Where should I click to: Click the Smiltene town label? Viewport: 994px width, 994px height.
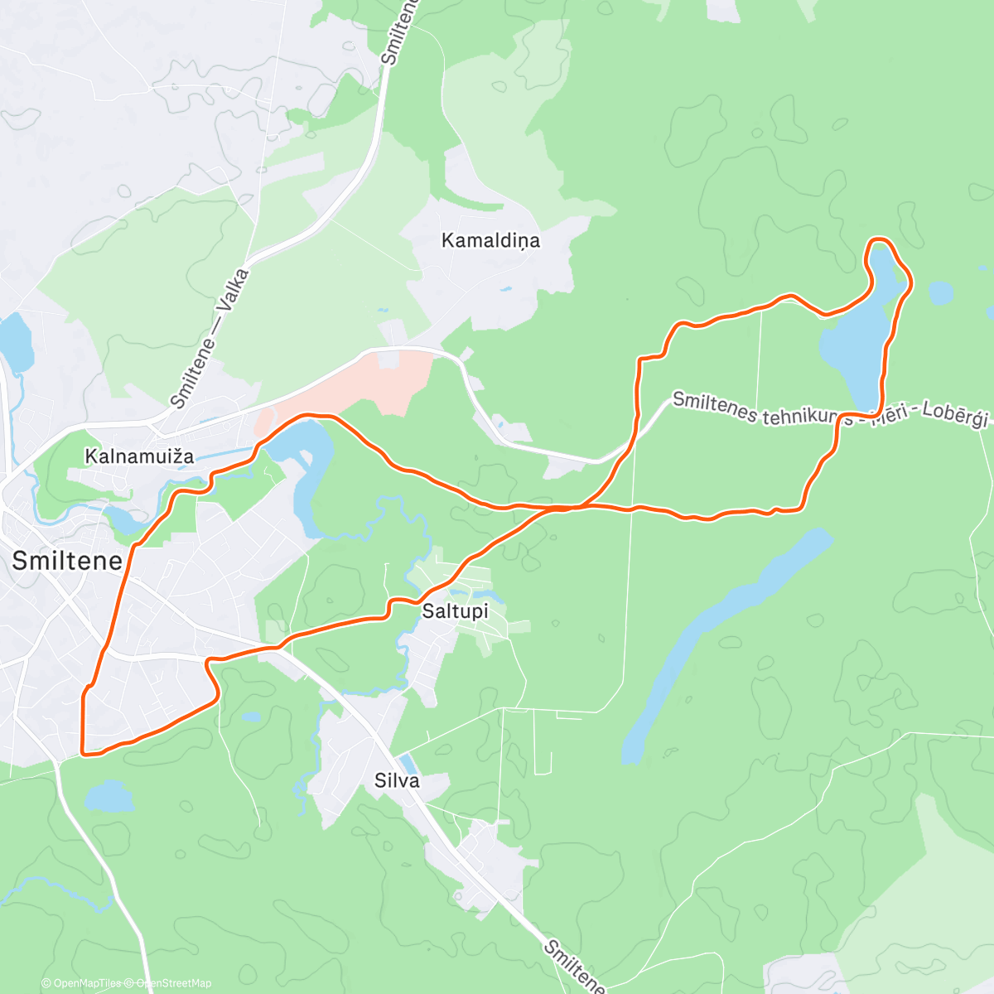point(67,561)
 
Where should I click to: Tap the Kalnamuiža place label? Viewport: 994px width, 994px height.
point(140,456)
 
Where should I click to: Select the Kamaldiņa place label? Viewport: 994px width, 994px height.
point(490,241)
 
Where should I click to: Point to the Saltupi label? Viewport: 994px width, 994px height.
point(455,612)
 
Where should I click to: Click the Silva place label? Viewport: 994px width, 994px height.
point(397,780)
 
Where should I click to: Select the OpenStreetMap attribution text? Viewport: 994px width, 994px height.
point(173,983)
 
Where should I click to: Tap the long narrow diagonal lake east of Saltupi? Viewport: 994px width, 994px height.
point(721,646)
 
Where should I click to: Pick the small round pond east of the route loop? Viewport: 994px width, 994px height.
point(940,292)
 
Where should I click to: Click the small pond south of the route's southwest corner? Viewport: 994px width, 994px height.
point(109,796)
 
